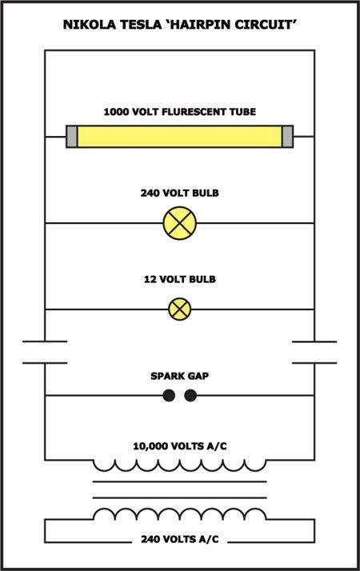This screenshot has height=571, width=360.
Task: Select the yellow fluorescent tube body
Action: [x=180, y=137]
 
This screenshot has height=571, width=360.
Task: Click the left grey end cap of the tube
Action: [x=72, y=137]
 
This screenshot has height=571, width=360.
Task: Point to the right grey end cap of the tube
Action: [x=287, y=137]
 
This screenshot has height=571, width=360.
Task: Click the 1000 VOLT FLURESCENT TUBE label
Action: [x=180, y=112]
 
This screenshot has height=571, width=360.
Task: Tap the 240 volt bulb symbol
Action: [x=180, y=223]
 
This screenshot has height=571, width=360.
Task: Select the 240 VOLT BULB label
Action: [x=180, y=193]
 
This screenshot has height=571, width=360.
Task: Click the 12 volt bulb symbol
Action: [x=180, y=309]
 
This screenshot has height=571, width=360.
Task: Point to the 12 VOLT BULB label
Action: [x=180, y=279]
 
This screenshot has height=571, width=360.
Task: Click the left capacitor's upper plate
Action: [x=45, y=341]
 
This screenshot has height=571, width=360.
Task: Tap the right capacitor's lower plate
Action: [x=314, y=363]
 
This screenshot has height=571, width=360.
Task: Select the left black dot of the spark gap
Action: [x=169, y=396]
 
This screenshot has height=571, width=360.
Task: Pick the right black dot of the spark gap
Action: [x=190, y=396]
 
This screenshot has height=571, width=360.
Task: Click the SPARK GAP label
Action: [x=180, y=376]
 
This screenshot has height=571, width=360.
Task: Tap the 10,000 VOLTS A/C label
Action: [x=180, y=446]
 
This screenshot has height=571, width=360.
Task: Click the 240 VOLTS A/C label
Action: [x=180, y=539]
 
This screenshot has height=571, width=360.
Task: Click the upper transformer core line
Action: [x=180, y=481]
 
